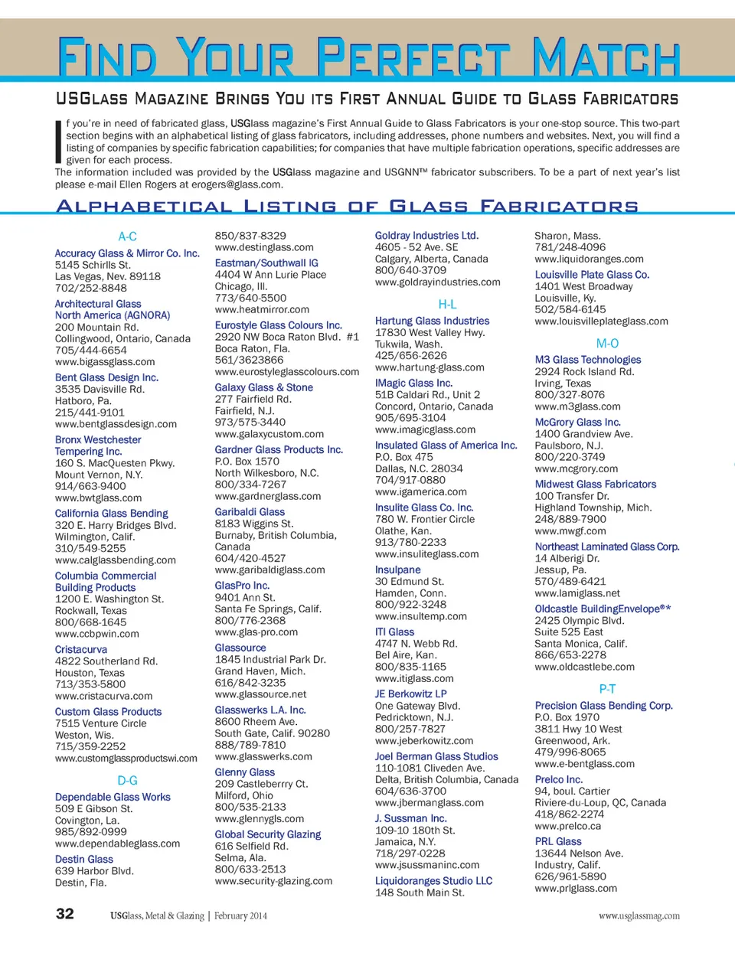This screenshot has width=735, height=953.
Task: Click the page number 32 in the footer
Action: click(65, 913)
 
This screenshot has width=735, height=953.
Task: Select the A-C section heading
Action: click(127, 237)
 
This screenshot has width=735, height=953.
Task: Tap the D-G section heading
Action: click(127, 781)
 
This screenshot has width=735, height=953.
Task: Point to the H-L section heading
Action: click(447, 305)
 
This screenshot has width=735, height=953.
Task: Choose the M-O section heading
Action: click(607, 344)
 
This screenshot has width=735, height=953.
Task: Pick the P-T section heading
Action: click(607, 689)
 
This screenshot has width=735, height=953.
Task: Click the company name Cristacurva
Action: click(81, 650)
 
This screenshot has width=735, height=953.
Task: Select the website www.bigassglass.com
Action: click(105, 362)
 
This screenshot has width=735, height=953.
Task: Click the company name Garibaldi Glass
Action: click(250, 512)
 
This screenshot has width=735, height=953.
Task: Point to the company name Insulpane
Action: click(397, 570)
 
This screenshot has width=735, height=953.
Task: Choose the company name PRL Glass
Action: click(558, 841)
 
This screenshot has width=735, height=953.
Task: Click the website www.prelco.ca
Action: click(567, 827)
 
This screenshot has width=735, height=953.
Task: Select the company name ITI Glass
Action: click(394, 632)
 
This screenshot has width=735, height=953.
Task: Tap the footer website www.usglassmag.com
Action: click(639, 915)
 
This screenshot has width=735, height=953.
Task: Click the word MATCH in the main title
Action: click(606, 57)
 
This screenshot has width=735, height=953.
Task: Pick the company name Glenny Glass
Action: click(244, 772)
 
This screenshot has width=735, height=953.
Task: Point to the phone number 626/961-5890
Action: click(570, 876)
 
